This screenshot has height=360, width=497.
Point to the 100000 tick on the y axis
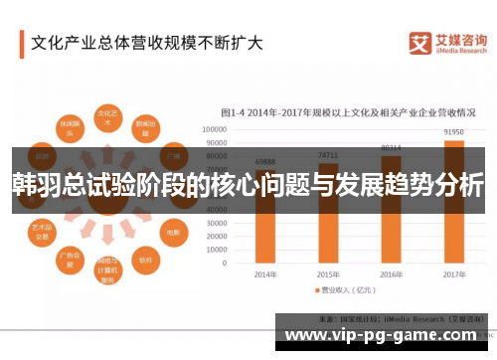tap(216, 129)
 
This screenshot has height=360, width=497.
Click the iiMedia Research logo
tap(448, 43)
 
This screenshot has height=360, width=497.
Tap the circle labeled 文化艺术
tap(107, 118)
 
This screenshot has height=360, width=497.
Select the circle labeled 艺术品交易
tap(42, 231)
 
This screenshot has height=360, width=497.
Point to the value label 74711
tap(329, 155)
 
